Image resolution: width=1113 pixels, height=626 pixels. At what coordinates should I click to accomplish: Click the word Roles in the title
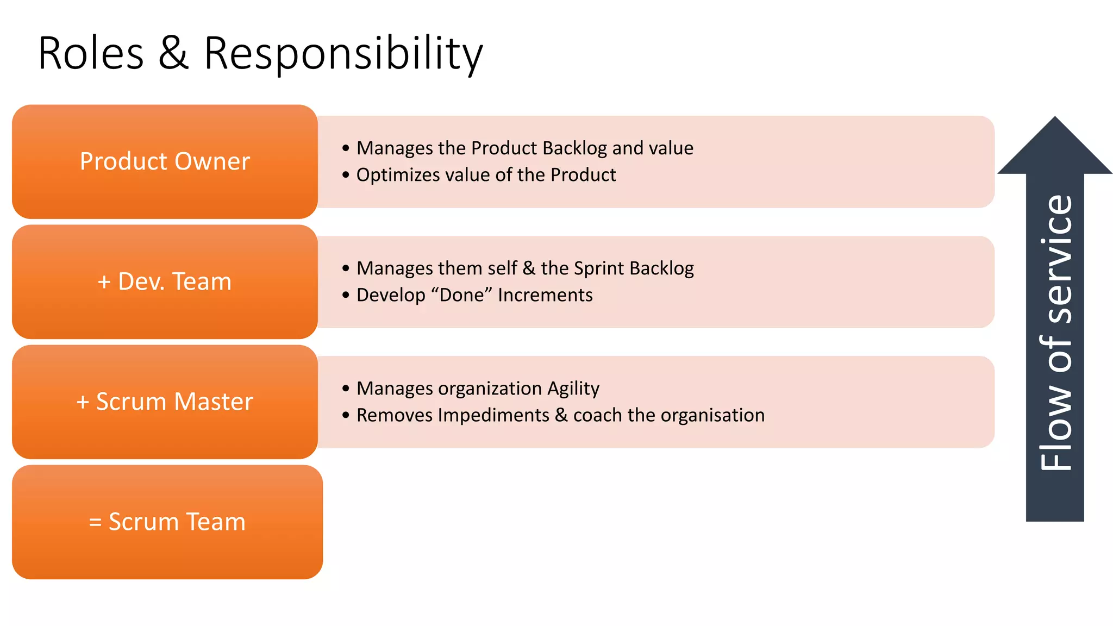tap(91, 53)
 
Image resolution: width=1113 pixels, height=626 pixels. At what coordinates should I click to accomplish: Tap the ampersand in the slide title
tap(173, 53)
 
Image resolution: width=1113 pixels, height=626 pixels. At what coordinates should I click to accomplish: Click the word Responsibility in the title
tap(343, 53)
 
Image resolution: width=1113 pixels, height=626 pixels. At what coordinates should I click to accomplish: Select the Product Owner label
tap(165, 161)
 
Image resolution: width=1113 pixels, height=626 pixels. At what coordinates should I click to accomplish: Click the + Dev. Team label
tap(165, 281)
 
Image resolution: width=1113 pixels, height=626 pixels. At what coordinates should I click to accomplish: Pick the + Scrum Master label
tap(165, 402)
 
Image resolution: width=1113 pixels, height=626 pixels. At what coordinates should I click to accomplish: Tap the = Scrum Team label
tap(167, 522)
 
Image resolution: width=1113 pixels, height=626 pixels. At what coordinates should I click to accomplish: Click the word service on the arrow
tap(1056, 259)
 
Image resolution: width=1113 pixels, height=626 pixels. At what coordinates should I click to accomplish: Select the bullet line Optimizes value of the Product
tap(486, 175)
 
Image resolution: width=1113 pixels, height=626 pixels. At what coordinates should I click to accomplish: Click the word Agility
tap(573, 389)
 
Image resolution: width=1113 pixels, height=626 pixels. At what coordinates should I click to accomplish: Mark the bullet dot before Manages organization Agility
tap(346, 389)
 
